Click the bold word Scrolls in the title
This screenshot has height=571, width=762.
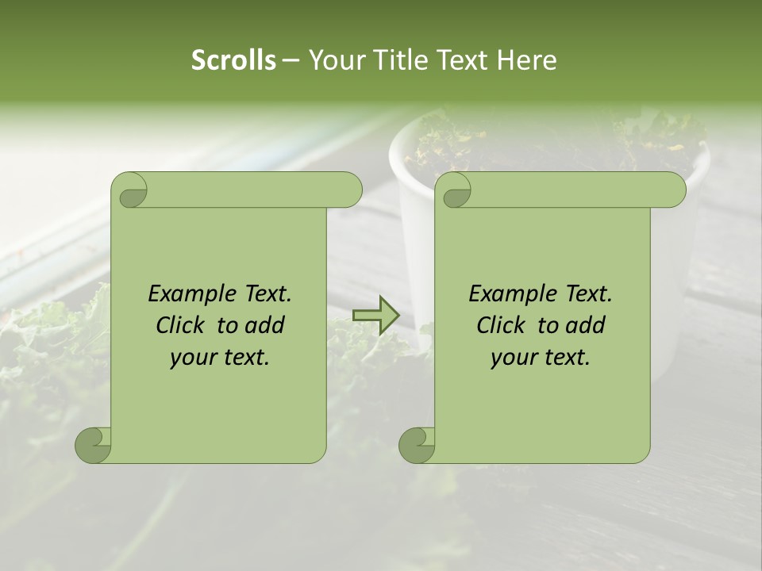234,59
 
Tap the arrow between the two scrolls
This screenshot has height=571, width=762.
375,315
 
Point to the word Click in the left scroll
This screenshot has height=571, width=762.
182,325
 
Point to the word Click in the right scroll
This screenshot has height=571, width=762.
502,325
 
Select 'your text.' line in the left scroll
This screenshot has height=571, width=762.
220,358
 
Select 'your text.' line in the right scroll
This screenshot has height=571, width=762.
541,358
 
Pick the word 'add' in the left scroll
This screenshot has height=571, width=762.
266,325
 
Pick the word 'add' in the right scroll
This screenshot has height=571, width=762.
587,325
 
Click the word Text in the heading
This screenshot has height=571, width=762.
464,59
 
